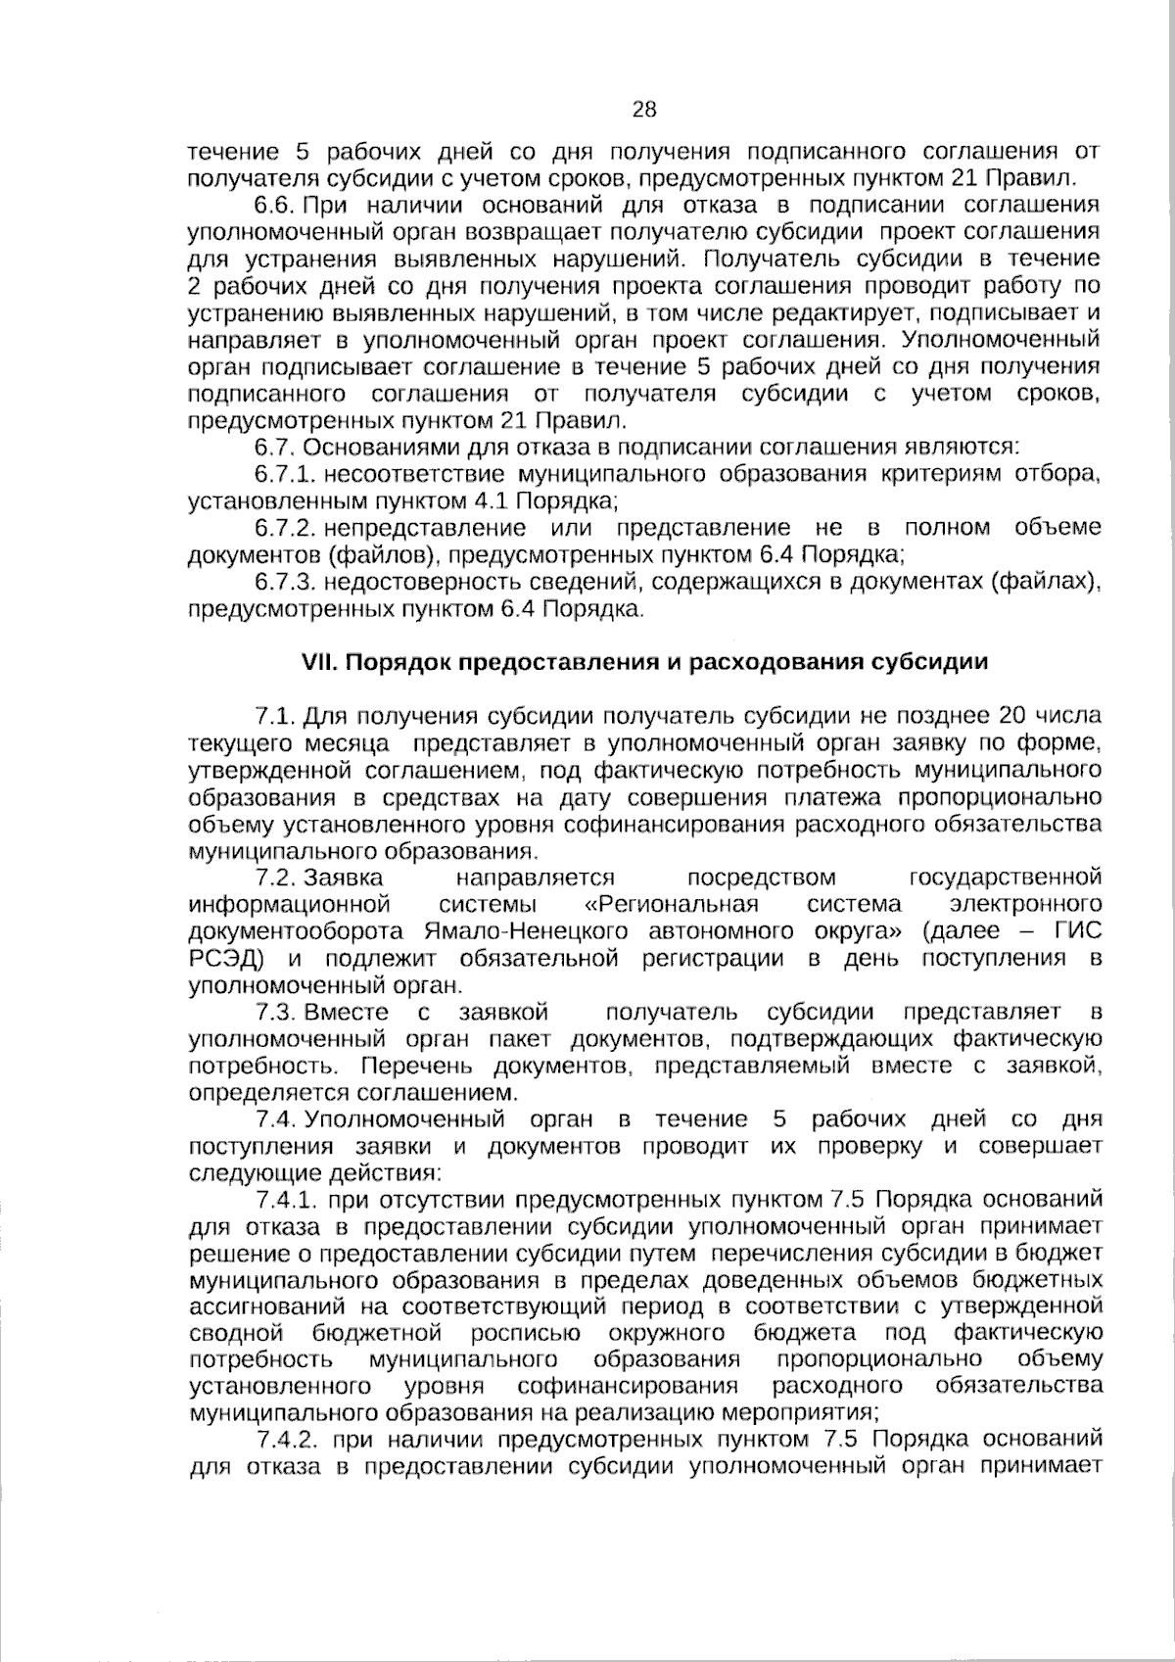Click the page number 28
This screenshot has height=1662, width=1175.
pyautogui.click(x=644, y=110)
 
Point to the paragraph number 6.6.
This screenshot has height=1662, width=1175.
pyautogui.click(x=275, y=206)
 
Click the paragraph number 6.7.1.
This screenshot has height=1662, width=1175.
pyautogui.click(x=284, y=475)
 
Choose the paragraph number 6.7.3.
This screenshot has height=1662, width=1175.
pyautogui.click(x=284, y=583)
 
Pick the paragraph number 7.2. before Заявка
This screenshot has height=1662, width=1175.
pyautogui.click(x=275, y=876)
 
